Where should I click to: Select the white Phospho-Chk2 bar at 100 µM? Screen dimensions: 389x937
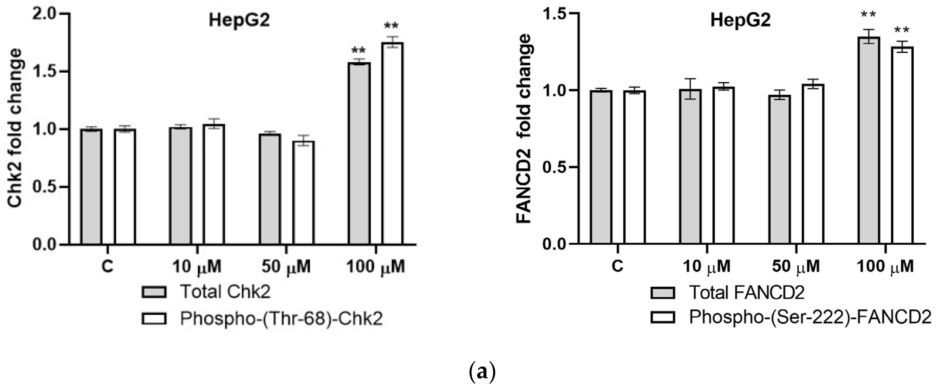393,143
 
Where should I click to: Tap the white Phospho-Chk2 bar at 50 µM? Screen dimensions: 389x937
303,193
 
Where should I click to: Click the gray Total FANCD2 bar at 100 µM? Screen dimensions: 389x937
869,140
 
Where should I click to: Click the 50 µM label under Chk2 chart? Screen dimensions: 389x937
286,267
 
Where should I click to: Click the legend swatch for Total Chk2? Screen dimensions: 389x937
154,292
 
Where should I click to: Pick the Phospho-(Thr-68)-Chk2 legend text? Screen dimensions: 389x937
281,318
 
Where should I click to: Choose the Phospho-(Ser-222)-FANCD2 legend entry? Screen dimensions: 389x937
810,317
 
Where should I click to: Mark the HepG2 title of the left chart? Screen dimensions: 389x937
239,20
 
